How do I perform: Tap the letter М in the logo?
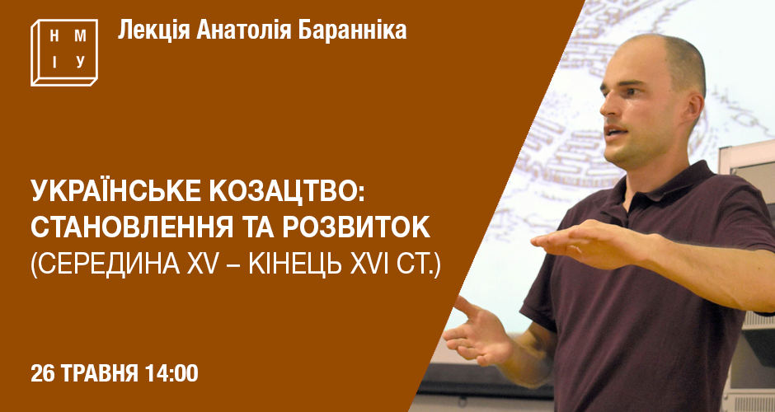[x=80, y=36]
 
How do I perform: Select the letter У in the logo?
[x=81, y=63]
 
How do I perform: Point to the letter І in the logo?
[x=54, y=63]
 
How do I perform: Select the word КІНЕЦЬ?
[x=295, y=265]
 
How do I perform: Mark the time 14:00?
[x=171, y=373]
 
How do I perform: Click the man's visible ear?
[x=693, y=110]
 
